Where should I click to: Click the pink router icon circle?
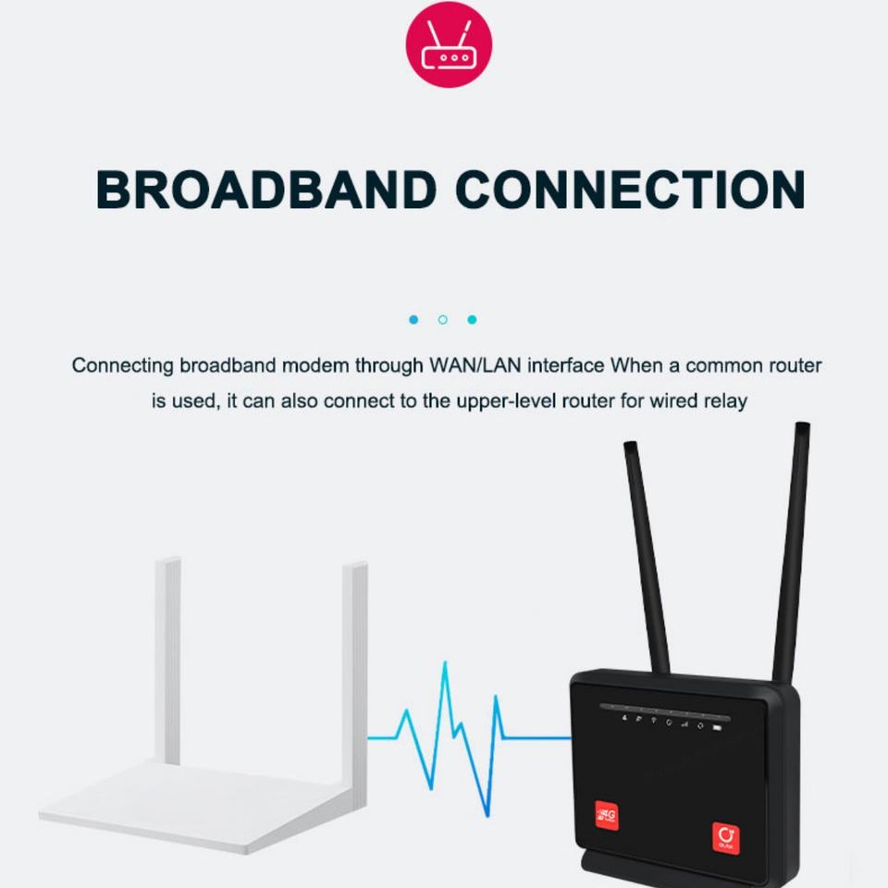click(449, 44)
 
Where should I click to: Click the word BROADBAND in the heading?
click(265, 190)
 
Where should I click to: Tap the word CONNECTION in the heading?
click(633, 190)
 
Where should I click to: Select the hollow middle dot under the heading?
click(443, 319)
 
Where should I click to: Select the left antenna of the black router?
click(647, 555)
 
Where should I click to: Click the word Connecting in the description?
click(122, 365)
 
